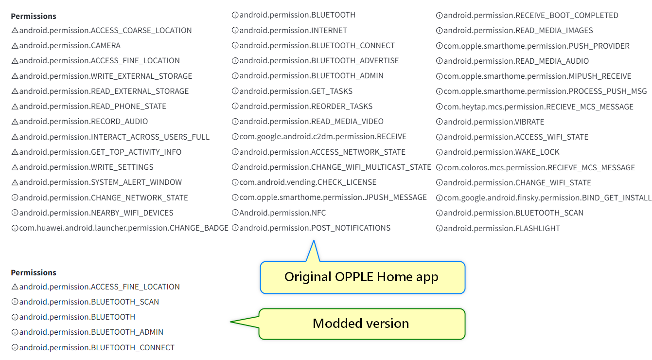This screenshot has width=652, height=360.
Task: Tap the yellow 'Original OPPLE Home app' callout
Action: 362,277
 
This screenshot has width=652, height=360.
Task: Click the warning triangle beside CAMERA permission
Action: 15,46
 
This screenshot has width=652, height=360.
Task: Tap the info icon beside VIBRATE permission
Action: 439,122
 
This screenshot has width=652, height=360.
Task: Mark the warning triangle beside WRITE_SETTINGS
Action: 15,167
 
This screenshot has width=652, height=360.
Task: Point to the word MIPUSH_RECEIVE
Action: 599,76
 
